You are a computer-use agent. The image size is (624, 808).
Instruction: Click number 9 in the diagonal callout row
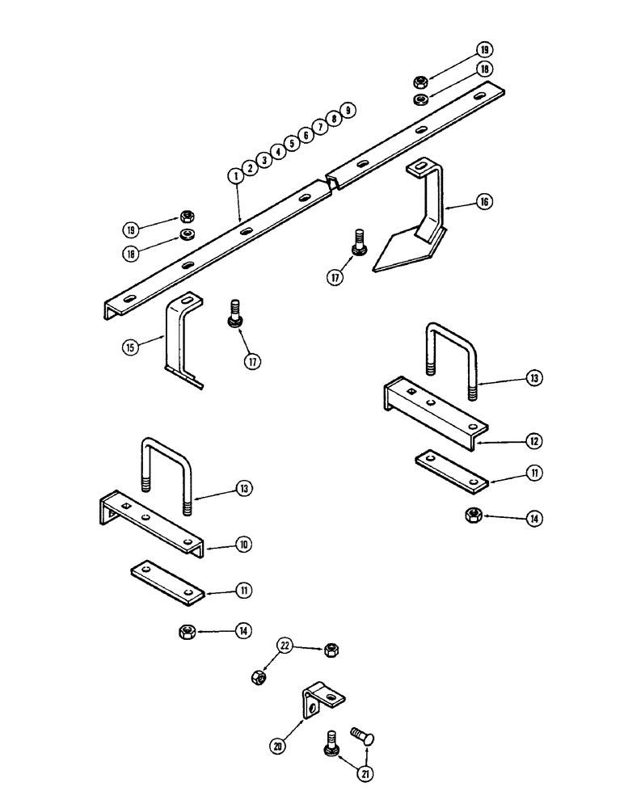point(348,110)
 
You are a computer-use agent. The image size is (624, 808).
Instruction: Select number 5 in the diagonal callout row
point(291,143)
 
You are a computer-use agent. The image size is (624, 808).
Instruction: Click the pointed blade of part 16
point(400,252)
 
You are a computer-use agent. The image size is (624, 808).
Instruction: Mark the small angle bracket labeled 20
point(322,698)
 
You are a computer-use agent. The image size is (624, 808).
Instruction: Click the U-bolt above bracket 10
point(167,473)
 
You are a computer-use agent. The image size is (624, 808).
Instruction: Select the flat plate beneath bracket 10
point(166,582)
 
